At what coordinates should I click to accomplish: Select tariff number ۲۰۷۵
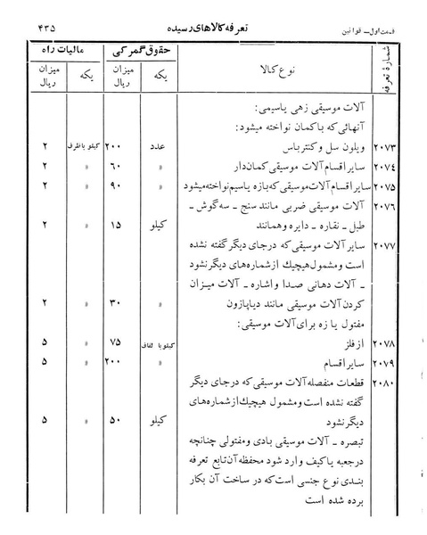[395, 186]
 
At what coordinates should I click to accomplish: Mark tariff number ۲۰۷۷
[395, 245]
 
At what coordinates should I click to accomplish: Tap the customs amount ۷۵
[117, 342]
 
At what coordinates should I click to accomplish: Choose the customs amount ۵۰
[117, 419]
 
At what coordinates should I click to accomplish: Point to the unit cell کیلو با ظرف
[78, 145]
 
